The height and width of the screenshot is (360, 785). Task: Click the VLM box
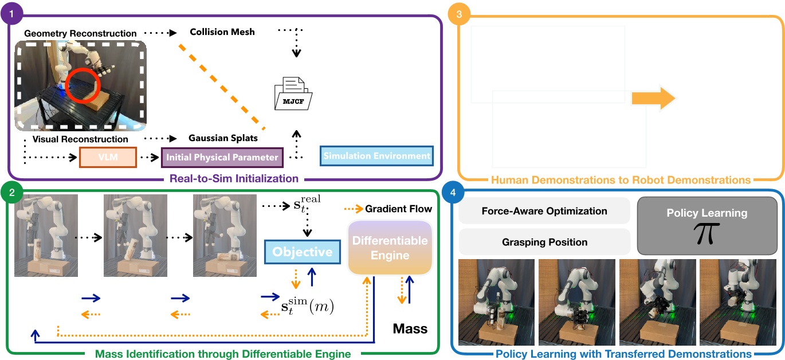click(108, 156)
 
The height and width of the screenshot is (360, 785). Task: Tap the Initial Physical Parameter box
click(222, 156)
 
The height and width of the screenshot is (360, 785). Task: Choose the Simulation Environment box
click(376, 156)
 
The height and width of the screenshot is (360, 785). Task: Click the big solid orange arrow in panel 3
click(654, 98)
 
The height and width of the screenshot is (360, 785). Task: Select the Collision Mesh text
click(222, 32)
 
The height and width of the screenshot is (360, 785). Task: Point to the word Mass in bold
click(410, 328)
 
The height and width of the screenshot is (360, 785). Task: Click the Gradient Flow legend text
click(398, 209)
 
